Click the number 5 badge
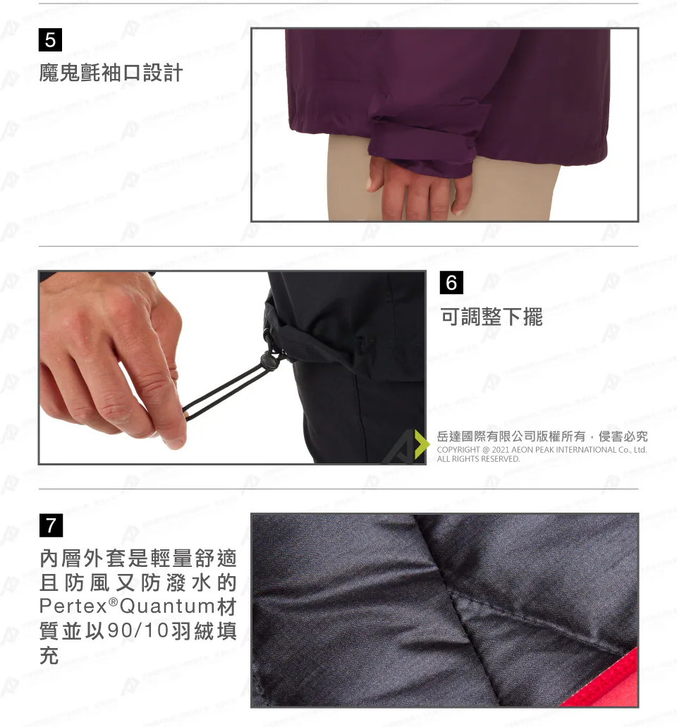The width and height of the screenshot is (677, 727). (x=50, y=40)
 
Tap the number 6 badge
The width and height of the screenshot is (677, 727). (x=451, y=282)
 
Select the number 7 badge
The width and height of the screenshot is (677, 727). (x=51, y=525)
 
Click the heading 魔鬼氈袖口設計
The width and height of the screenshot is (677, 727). (x=111, y=73)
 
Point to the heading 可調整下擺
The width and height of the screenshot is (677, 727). (x=492, y=317)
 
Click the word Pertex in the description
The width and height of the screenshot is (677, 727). (x=73, y=606)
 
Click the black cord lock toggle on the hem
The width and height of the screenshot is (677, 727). (x=269, y=360)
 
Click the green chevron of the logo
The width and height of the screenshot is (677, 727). (x=422, y=444)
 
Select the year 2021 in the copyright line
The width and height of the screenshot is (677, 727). (x=500, y=450)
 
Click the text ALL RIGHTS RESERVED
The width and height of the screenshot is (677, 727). (x=478, y=459)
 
